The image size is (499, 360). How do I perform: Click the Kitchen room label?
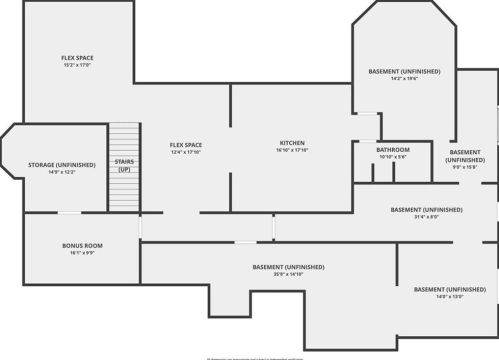pyautogui.click(x=292, y=143)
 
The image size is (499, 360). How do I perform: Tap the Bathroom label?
pyautogui.click(x=393, y=149)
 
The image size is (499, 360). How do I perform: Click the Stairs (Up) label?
pyautogui.click(x=125, y=164)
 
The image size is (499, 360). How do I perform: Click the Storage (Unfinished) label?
pyautogui.click(x=62, y=164)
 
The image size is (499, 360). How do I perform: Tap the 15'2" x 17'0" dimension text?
pyautogui.click(x=77, y=66)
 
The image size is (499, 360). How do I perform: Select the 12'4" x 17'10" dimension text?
pyautogui.click(x=186, y=153)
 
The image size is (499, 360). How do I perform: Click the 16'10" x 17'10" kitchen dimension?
pyautogui.click(x=292, y=151)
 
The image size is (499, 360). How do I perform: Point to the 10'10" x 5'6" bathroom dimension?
pyautogui.click(x=393, y=157)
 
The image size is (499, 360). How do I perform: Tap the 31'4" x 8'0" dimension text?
pyautogui.click(x=427, y=217)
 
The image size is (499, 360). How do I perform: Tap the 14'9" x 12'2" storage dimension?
pyautogui.click(x=62, y=172)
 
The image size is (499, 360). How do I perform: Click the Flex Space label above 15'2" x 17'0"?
pyautogui.click(x=77, y=58)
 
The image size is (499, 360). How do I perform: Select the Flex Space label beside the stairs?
pyautogui.click(x=186, y=145)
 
